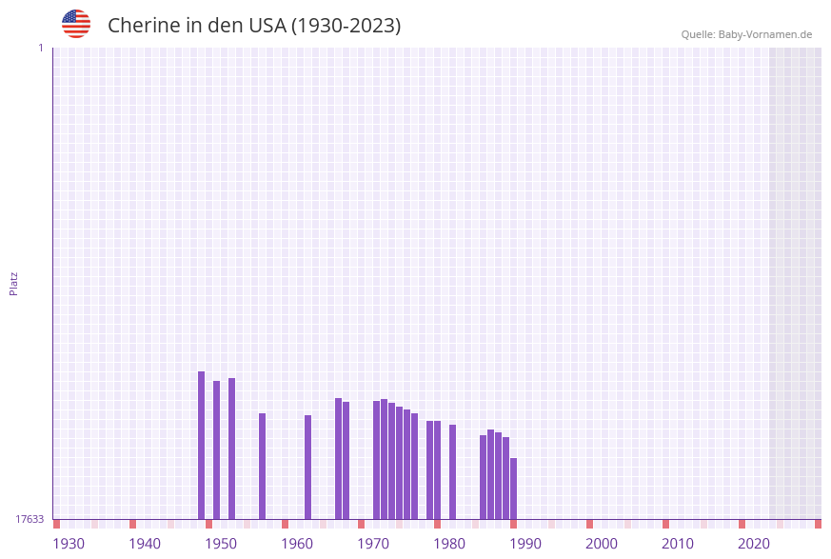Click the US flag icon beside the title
tap(76, 24)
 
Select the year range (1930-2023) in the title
tap(346, 26)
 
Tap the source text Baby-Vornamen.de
tap(765, 34)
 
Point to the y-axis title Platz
tap(14, 283)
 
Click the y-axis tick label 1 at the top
tap(41, 48)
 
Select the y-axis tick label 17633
tap(30, 519)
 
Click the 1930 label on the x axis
tap(69, 544)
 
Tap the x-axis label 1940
tap(145, 544)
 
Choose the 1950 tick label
tap(221, 544)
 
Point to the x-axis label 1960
tap(297, 544)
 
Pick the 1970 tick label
tap(373, 544)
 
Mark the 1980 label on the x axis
tap(449, 544)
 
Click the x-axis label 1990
tap(525, 544)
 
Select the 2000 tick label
tap(602, 544)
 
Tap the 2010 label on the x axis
tap(678, 544)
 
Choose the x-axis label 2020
tap(754, 544)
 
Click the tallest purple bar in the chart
tap(202, 445)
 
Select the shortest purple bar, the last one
tap(514, 489)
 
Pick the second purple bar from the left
tap(217, 449)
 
